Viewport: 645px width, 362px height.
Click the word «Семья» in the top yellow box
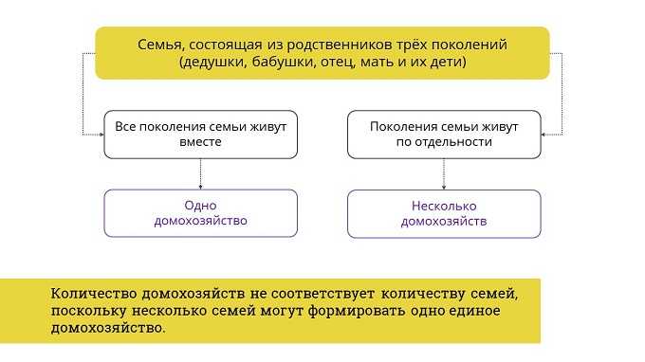coord(159,44)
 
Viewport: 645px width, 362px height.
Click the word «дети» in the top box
coord(442,62)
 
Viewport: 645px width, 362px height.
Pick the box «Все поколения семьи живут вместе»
coord(201,134)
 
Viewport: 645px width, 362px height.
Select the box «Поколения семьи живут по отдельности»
coord(444,134)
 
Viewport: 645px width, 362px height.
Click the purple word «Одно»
coord(201,205)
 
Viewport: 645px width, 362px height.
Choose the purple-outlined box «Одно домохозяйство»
coord(201,213)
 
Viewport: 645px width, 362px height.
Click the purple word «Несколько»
coord(444,205)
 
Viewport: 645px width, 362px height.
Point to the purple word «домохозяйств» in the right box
coord(444,222)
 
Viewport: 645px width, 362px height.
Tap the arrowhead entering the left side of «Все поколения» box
coord(101,135)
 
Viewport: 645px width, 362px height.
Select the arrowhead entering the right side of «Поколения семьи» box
coord(544,135)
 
